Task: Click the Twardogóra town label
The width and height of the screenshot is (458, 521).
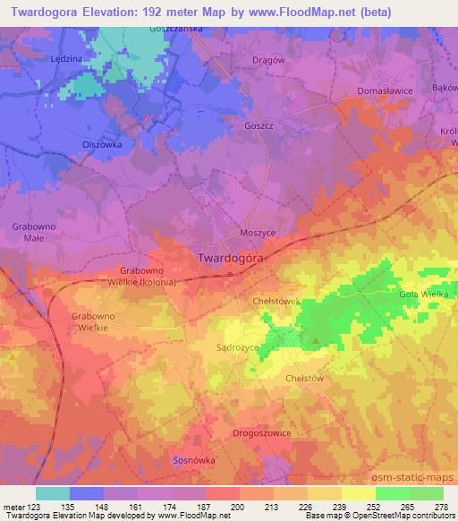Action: click(x=229, y=257)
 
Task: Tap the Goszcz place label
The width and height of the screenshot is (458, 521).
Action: click(x=258, y=126)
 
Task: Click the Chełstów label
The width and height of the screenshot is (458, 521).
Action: click(x=303, y=378)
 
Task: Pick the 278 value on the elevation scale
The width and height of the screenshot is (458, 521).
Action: click(x=438, y=507)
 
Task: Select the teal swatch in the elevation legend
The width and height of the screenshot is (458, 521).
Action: click(x=52, y=493)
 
